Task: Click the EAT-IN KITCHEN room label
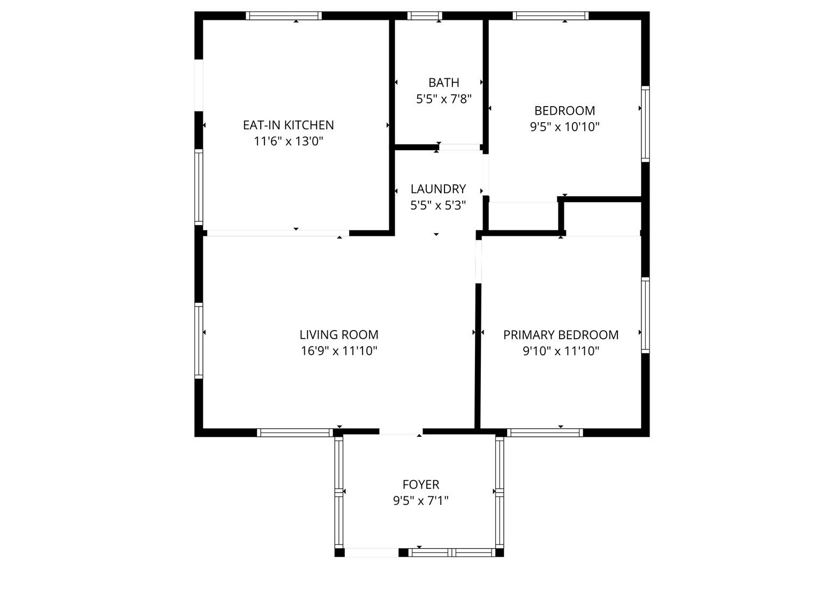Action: [288, 125]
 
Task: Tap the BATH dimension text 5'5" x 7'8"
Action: [443, 99]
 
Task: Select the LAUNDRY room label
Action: [438, 189]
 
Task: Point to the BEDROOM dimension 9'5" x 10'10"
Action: [564, 127]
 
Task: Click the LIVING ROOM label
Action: [338, 334]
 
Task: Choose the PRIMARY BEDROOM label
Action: [561, 334]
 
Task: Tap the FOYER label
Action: [420, 484]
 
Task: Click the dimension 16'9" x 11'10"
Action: [338, 351]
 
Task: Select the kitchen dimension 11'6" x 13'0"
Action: [288, 141]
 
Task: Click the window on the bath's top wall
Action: [424, 16]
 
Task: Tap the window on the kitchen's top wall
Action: [283, 16]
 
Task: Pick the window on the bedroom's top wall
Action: [550, 16]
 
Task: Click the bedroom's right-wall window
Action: [645, 124]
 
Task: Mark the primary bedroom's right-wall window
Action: [645, 315]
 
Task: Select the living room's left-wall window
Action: [199, 340]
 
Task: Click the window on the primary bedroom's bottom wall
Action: [545, 432]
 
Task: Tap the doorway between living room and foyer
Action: [401, 432]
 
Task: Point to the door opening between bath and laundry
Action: [459, 147]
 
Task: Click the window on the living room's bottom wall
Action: [295, 432]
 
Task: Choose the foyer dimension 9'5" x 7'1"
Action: [420, 501]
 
